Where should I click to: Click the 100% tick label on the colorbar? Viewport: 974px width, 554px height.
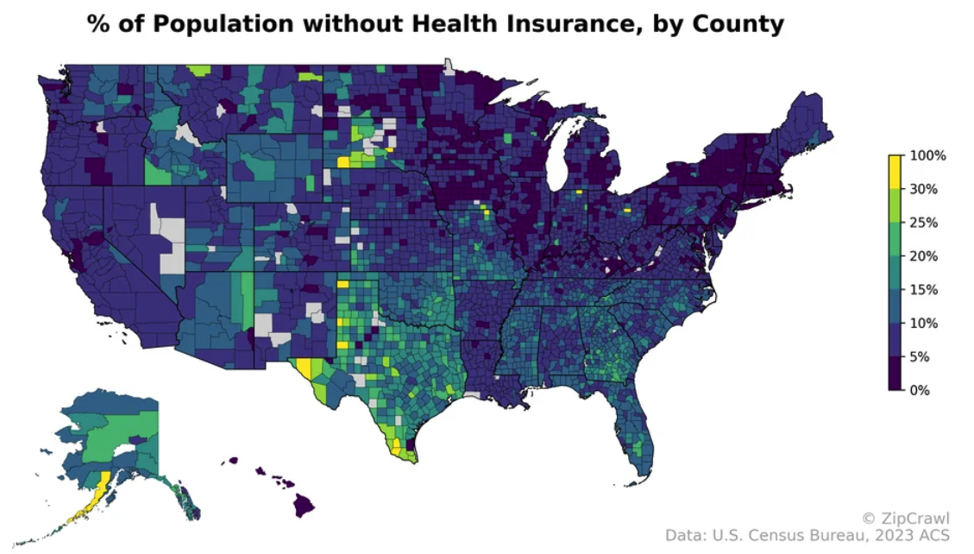click(x=928, y=156)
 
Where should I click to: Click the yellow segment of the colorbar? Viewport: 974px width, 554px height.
click(x=895, y=173)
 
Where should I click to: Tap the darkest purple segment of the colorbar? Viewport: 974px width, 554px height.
click(x=895, y=374)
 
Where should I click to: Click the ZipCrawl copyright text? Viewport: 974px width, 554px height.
click(x=906, y=518)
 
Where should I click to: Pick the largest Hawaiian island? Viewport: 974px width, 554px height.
click(x=302, y=506)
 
